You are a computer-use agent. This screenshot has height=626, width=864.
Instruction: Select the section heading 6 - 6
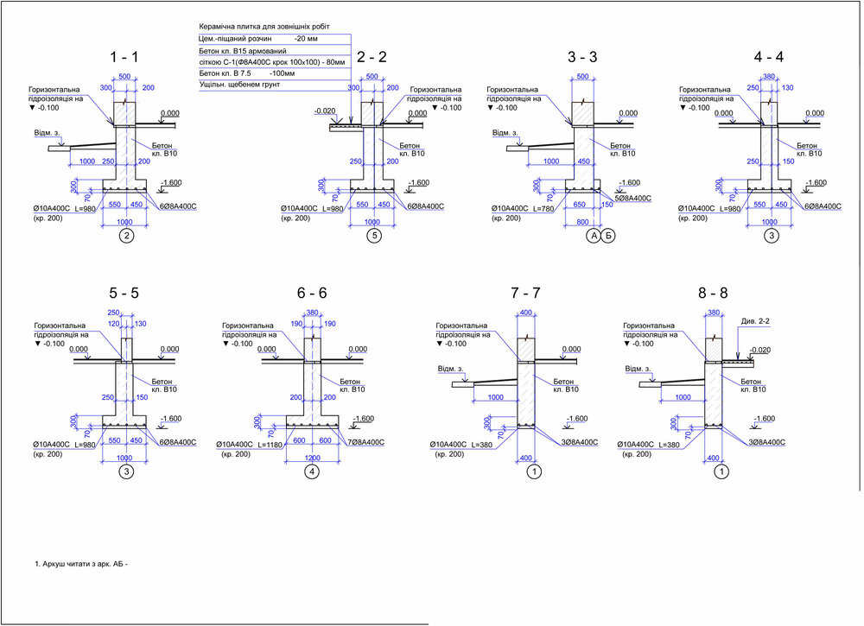tap(310, 293)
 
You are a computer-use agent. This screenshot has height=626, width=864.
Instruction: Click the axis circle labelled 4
tap(312, 471)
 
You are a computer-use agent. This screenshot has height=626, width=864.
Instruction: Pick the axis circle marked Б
tap(608, 236)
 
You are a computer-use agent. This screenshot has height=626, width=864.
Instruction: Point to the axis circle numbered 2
tap(127, 236)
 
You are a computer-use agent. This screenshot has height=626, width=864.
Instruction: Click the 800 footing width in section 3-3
tap(582, 220)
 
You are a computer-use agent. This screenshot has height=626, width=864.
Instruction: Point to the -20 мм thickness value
tap(305, 40)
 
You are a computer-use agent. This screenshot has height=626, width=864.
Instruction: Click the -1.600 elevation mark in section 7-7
tap(576, 419)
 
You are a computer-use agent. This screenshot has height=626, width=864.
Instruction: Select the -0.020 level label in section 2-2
tap(325, 111)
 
